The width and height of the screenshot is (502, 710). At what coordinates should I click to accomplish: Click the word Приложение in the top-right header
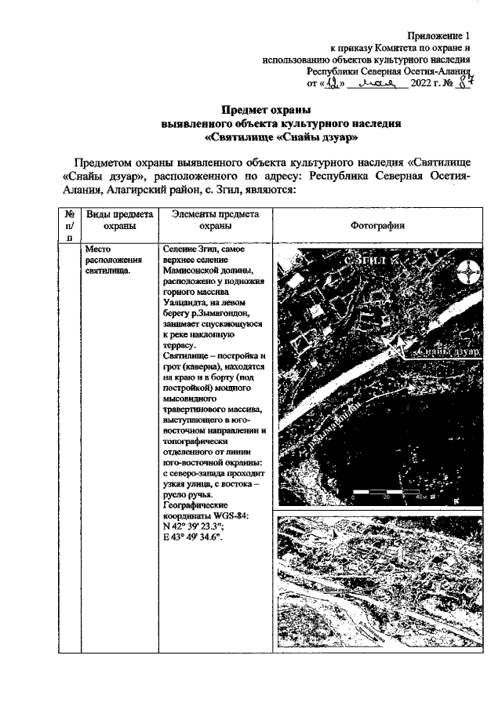[436, 36]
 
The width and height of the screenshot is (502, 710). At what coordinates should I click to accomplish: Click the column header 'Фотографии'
[376, 227]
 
